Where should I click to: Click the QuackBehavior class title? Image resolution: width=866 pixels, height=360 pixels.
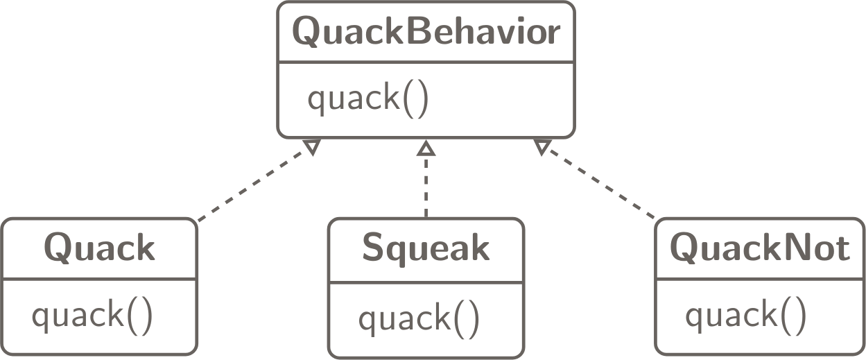pyautogui.click(x=425, y=33)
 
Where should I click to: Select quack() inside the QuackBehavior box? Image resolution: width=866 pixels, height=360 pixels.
pyautogui.click(x=368, y=101)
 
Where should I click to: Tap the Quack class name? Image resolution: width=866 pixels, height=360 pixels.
pyautogui.click(x=99, y=248)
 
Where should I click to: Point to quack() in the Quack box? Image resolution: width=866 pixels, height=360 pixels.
pyautogui.click(x=92, y=316)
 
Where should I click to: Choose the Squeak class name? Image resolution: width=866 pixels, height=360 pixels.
pyautogui.click(x=426, y=249)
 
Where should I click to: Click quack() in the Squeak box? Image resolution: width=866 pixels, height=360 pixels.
pyautogui.click(x=419, y=319)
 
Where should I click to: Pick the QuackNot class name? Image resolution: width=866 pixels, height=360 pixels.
pyautogui.click(x=759, y=248)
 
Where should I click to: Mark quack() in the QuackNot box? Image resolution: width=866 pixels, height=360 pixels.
pyautogui.click(x=746, y=316)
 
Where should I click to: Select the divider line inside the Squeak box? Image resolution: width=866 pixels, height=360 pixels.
pyautogui.click(x=426, y=282)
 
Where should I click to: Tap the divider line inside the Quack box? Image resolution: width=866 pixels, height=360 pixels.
pyautogui.click(x=99, y=280)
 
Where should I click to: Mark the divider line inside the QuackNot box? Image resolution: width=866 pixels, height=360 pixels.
pyautogui.click(x=759, y=280)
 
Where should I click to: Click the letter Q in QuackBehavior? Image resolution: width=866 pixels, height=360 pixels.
pyautogui.click(x=306, y=33)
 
